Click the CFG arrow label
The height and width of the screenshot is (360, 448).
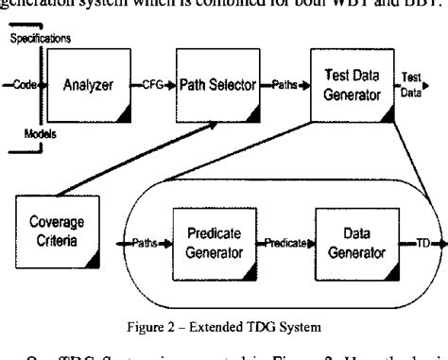click(151, 86)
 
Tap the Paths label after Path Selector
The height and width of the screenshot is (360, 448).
click(282, 86)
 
